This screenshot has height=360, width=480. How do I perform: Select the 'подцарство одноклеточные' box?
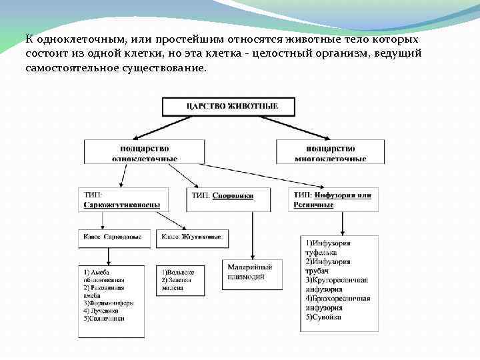[x=144, y=152]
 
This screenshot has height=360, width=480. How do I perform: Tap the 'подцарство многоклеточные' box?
[x=330, y=152]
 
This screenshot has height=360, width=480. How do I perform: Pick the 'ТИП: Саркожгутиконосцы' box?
[x=121, y=200]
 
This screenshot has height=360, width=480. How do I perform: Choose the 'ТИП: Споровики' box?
[x=230, y=196]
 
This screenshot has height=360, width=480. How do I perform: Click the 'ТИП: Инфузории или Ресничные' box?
[x=332, y=199]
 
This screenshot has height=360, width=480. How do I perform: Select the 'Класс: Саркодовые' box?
[x=112, y=237]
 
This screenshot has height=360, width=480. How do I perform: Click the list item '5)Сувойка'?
[x=324, y=317]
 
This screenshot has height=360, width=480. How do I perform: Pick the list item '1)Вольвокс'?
[x=177, y=272]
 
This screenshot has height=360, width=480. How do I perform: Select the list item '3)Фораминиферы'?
[x=109, y=303]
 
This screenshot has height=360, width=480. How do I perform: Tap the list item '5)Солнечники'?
[x=105, y=318]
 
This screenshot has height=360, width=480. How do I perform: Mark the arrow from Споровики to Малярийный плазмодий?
[x=251, y=233]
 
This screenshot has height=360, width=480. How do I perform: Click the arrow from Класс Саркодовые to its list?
[x=108, y=256]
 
